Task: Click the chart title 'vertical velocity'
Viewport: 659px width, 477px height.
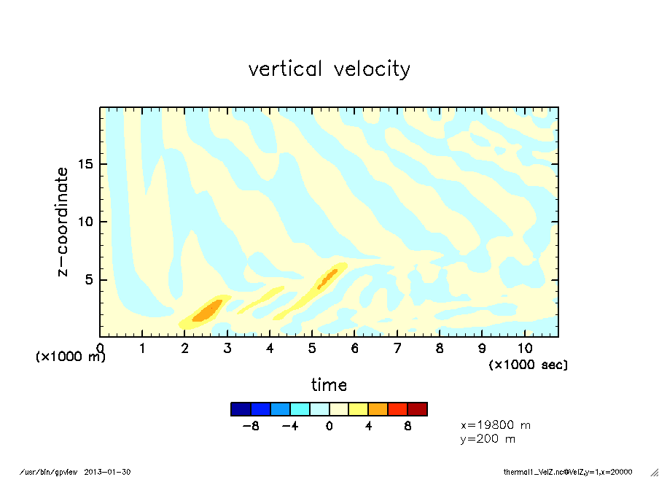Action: coord(329,69)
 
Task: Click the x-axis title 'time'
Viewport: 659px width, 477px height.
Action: coord(329,384)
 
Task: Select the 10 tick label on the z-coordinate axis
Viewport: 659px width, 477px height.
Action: coord(85,222)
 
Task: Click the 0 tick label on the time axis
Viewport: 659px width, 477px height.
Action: coord(101,348)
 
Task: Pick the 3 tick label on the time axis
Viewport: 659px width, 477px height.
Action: coord(228,348)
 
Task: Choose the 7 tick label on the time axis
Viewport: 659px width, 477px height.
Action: coord(397,348)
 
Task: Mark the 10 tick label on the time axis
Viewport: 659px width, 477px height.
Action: coord(524,348)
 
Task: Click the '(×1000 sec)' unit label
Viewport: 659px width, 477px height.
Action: coord(528,364)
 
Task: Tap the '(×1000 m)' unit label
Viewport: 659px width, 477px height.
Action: coord(71,357)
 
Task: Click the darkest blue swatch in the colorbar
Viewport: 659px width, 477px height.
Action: coord(241,409)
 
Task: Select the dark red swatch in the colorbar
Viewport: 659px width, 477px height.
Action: coord(417,409)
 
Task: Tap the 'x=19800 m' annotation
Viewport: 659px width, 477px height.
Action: coord(495,424)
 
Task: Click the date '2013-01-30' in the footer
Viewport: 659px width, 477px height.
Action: coord(107,471)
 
